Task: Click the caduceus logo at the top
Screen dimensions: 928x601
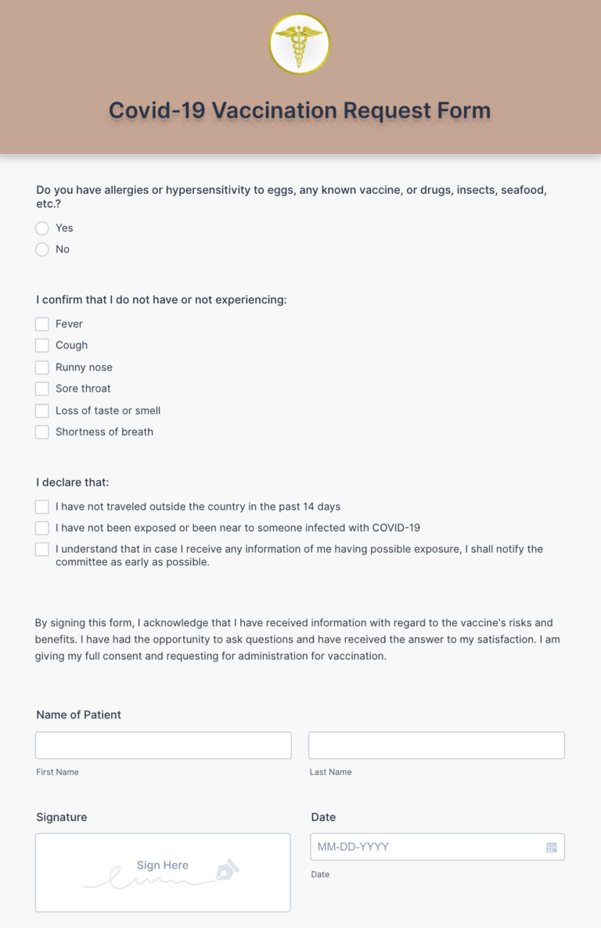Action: (x=300, y=44)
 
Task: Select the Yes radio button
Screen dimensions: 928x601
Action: (x=42, y=228)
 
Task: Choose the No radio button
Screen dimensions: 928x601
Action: (x=42, y=249)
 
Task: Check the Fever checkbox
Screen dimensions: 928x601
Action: (x=42, y=324)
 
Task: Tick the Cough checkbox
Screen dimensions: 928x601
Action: (x=42, y=346)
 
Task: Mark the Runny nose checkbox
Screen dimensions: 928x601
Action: (x=42, y=367)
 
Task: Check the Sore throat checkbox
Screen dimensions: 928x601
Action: (x=42, y=389)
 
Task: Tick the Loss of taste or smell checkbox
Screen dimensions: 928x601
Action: (x=42, y=410)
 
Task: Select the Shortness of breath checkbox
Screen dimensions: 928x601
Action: (x=42, y=432)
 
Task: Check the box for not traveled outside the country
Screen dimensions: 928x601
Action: (x=42, y=507)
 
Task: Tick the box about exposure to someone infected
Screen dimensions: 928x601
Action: (x=42, y=528)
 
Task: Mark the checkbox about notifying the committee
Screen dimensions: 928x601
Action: (x=42, y=550)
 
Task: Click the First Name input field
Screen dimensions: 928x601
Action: (x=163, y=745)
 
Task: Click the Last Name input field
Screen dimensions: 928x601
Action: (x=436, y=745)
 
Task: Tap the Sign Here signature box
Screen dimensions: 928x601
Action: (x=163, y=872)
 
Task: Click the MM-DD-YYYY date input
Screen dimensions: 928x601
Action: (x=426, y=847)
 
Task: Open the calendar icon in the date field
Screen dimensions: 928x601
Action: (x=552, y=847)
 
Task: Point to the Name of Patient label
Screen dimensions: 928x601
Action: (x=78, y=715)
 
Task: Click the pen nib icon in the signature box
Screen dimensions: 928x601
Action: (x=228, y=869)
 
